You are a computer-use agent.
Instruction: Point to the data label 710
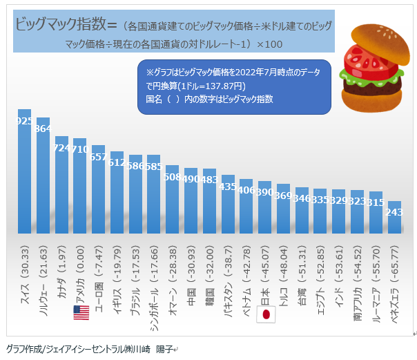(x=80, y=149)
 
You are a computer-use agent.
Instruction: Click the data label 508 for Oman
(x=172, y=176)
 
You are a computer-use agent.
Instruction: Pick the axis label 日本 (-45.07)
(x=265, y=276)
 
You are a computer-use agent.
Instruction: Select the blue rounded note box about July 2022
(x=235, y=85)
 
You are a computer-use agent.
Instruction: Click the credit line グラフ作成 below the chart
(x=90, y=349)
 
